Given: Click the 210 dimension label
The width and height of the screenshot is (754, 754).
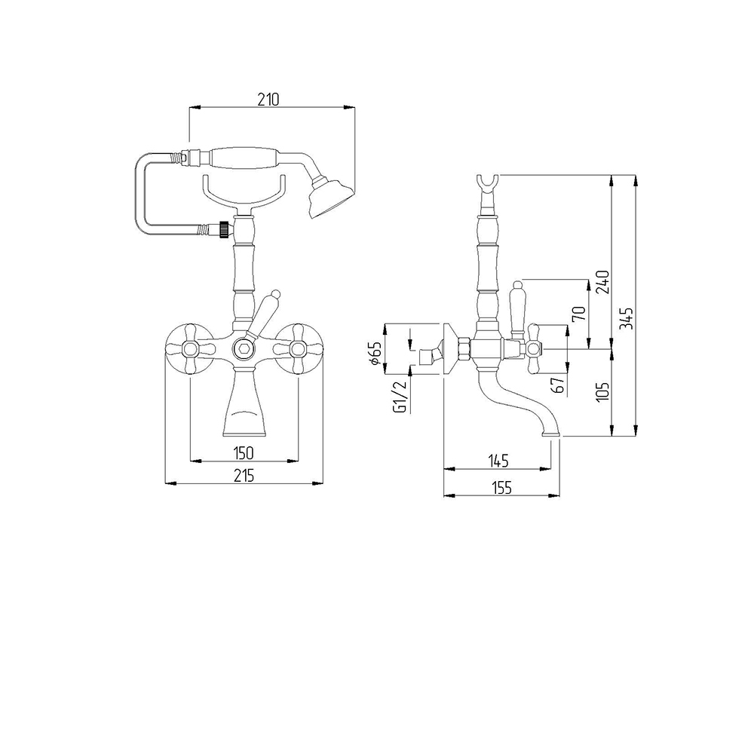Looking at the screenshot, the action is pyautogui.click(x=268, y=100).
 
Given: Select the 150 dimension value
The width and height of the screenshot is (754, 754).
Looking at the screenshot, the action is pyautogui.click(x=244, y=453).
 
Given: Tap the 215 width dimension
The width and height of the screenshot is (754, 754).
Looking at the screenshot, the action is pyautogui.click(x=244, y=476).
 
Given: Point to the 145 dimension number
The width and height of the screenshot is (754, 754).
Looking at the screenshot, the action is pyautogui.click(x=498, y=461).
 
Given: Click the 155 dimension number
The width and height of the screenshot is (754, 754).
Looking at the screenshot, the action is pyautogui.click(x=501, y=488).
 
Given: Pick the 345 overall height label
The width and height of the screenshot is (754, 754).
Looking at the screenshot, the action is pyautogui.click(x=627, y=318).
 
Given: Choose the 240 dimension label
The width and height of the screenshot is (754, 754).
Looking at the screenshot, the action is pyautogui.click(x=602, y=282).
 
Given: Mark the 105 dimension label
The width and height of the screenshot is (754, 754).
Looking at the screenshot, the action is pyautogui.click(x=602, y=392).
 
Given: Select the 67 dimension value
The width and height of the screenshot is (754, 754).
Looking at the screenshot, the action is pyautogui.click(x=558, y=385).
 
